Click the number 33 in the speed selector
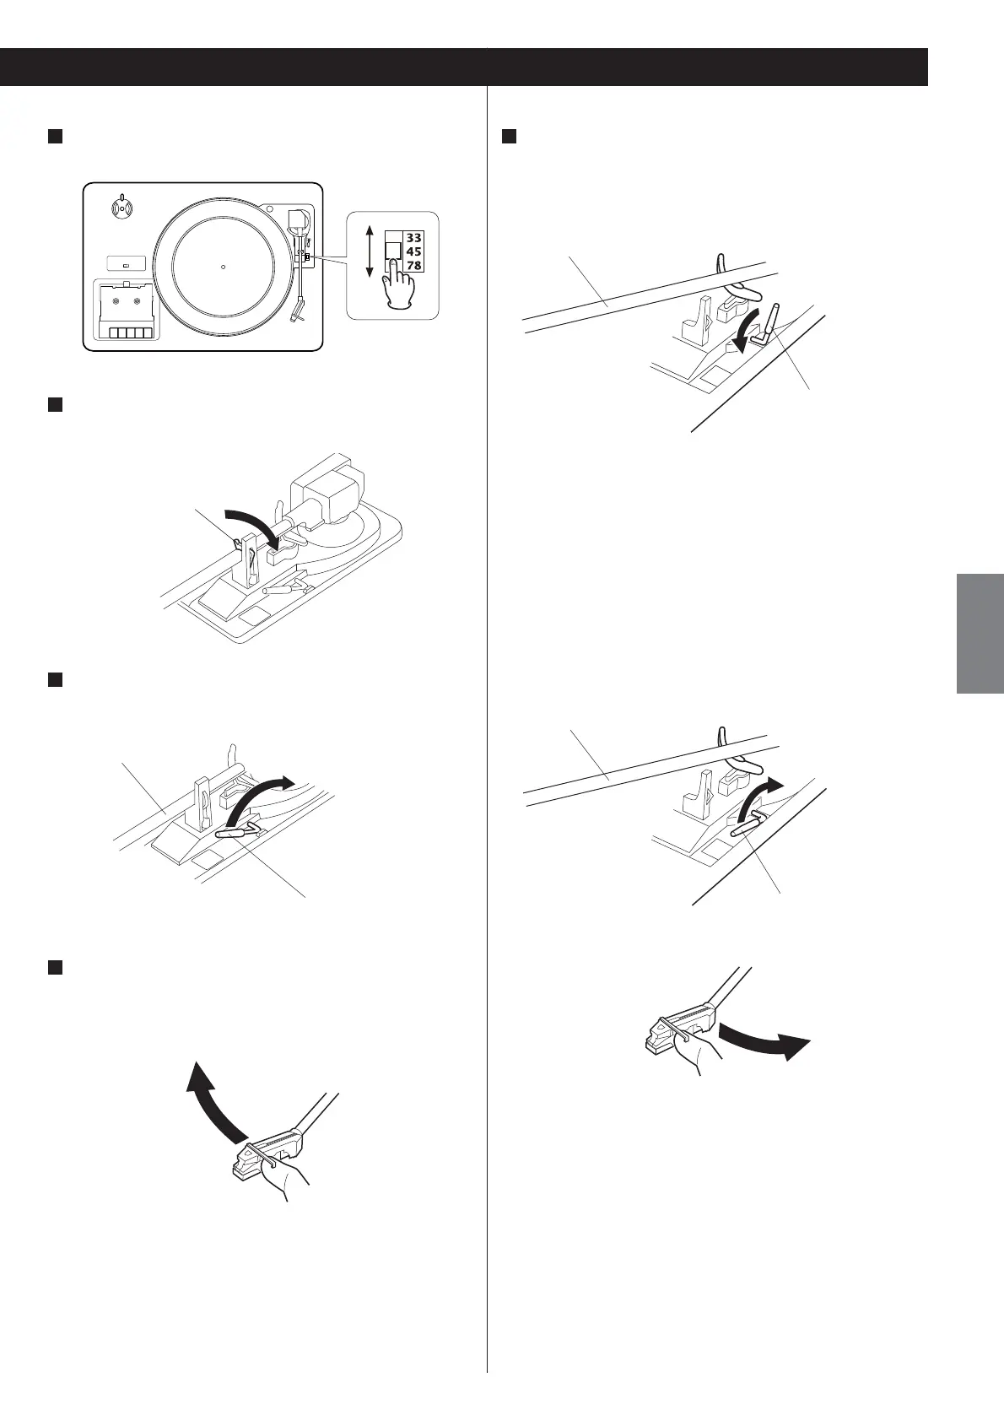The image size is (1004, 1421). pyautogui.click(x=414, y=238)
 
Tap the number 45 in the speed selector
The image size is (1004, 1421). pyautogui.click(x=414, y=251)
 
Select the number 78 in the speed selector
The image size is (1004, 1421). pyautogui.click(x=414, y=266)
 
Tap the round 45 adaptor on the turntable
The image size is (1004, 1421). pyautogui.click(x=121, y=206)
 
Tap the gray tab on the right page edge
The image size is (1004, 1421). pyautogui.click(x=980, y=633)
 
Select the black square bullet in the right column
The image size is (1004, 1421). pyautogui.click(x=508, y=137)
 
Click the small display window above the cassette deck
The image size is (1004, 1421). pyautogui.click(x=126, y=263)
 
